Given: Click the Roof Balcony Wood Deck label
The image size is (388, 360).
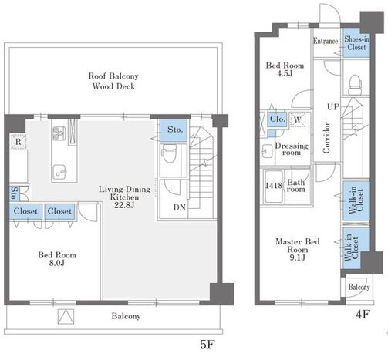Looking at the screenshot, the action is (x=113, y=81).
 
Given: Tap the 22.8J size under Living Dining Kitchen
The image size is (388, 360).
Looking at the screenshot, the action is (x=124, y=205).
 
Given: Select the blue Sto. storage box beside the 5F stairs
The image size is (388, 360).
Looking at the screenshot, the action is (x=174, y=130).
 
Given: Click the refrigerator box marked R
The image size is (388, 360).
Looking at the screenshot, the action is (x=19, y=142).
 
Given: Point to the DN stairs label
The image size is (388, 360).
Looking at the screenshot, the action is (x=179, y=207).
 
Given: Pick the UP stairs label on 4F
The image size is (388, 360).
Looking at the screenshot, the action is (x=333, y=106).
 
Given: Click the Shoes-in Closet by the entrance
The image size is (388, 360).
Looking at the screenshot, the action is (x=356, y=42).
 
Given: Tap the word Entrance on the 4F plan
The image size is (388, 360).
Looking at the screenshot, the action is (x=326, y=41).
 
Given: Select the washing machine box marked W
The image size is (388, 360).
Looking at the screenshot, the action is (x=298, y=119).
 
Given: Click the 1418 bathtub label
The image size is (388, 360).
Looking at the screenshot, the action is (x=274, y=185).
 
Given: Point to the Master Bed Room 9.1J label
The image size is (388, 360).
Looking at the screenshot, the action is (x=298, y=249).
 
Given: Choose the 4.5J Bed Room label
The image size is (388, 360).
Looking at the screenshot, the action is (x=285, y=69).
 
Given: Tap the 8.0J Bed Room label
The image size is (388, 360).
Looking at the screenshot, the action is (x=57, y=259).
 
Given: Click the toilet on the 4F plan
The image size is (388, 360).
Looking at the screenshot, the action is (x=356, y=85).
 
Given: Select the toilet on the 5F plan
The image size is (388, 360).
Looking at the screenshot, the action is (x=169, y=153).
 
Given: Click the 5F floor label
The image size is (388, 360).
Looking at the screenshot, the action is (x=207, y=345).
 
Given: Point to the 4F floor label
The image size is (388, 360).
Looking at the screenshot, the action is (x=363, y=314).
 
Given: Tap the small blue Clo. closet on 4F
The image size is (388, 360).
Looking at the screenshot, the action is (x=278, y=119).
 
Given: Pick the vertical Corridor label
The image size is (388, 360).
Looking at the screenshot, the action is (x=326, y=138).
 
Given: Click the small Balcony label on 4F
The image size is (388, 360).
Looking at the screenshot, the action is (x=359, y=287).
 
